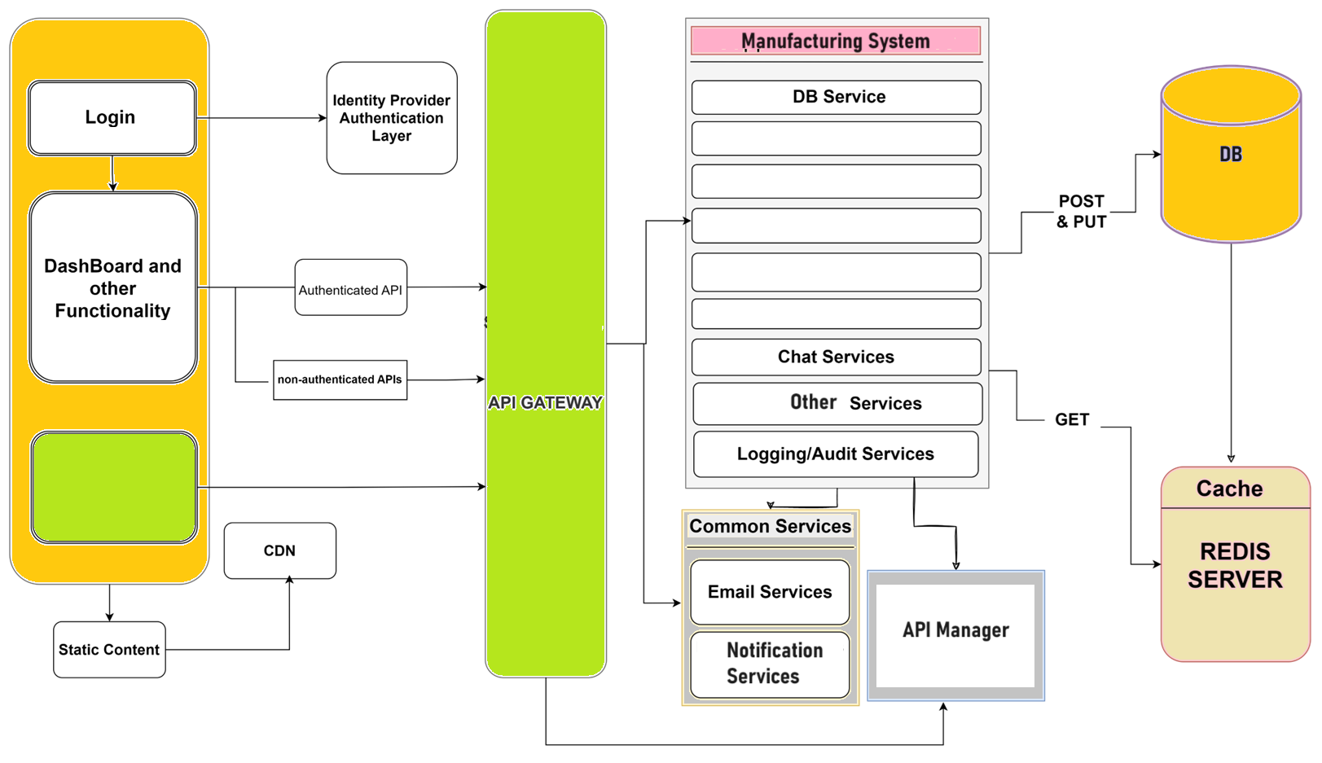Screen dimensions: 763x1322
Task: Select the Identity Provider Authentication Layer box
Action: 391,118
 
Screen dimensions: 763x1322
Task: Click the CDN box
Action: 279,550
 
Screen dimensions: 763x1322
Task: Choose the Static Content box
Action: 109,650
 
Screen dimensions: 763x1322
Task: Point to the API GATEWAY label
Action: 545,402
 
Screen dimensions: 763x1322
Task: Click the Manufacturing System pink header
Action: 835,41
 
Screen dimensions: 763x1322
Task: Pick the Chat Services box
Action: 836,357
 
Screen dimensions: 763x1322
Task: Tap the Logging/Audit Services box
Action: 836,454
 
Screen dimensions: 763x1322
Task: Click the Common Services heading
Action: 770,526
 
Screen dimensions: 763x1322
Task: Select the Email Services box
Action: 770,592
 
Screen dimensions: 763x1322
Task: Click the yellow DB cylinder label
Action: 1230,155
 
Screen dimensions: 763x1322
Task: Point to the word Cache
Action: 1229,489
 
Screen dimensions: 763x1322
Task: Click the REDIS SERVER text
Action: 1234,565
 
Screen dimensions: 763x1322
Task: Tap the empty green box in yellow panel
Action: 114,487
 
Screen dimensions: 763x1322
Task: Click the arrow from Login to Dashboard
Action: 112,173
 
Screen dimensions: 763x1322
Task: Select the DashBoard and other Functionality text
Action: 112,288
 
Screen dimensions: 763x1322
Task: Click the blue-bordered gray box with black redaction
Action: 955,635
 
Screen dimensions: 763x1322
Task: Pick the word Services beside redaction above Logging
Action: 885,404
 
